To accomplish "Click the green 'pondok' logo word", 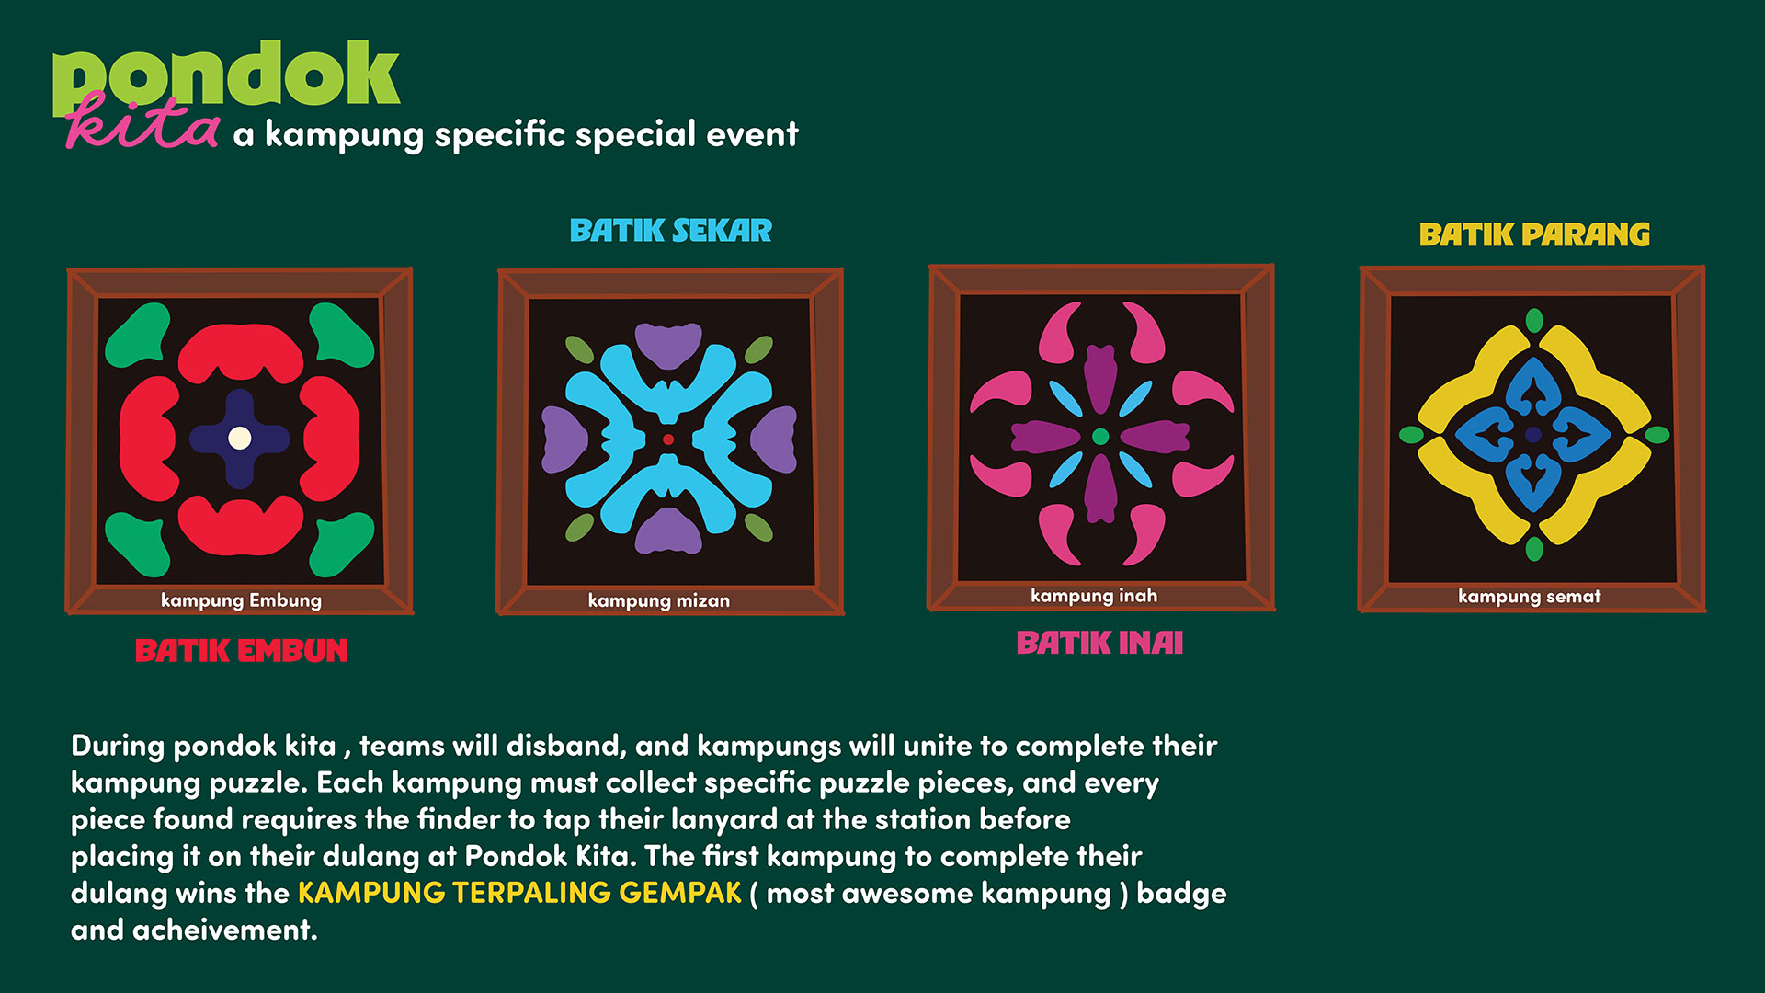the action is point(226,77).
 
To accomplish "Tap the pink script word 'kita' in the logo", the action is point(142,122).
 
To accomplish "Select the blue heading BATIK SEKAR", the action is point(671,231).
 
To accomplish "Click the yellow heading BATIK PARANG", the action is point(1534,235).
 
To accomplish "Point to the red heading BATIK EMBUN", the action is point(242,651).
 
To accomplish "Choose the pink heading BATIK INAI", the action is point(1099,643).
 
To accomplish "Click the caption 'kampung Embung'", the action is point(241,600).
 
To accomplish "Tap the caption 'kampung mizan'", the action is point(659,600).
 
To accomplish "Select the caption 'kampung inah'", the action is point(1094,596).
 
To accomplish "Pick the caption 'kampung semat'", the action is point(1530,597).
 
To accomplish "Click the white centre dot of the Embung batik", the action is point(240,438).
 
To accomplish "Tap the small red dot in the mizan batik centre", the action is point(668,439).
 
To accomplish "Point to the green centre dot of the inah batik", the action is point(1100,437).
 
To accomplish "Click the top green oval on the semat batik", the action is point(1534,321).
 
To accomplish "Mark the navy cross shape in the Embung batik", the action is point(240,439).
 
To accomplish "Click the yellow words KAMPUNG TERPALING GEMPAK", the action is point(519,893).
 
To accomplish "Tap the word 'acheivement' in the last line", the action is point(225,930).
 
